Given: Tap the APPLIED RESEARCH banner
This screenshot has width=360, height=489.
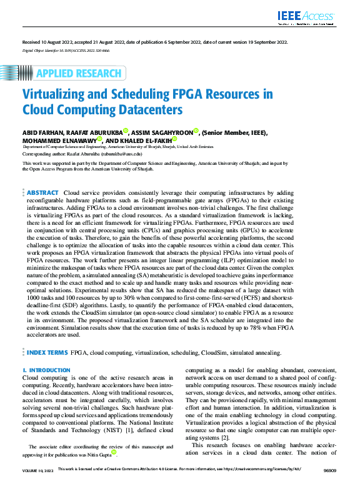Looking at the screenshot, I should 74,74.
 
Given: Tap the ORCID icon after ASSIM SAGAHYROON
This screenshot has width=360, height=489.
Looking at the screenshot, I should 196,131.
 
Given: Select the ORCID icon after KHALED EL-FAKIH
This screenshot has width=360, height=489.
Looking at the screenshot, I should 175,139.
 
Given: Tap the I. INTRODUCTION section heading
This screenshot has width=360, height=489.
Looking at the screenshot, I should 46,371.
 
